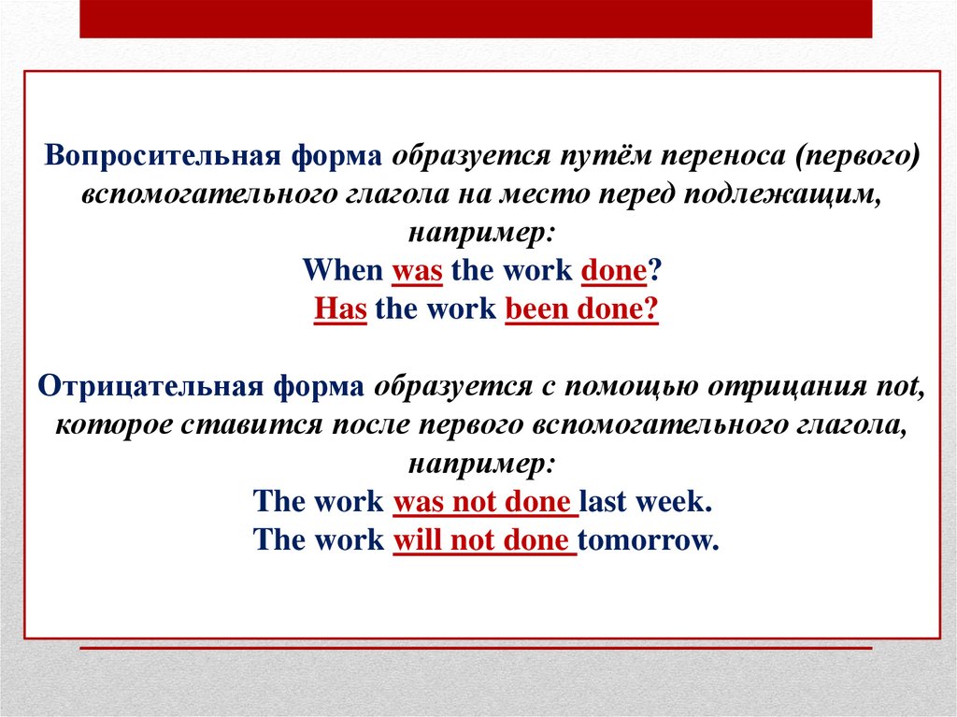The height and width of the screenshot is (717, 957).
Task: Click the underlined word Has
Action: click(339, 309)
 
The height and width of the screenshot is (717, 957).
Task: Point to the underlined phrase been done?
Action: click(581, 309)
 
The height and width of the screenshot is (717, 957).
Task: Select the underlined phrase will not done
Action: click(481, 539)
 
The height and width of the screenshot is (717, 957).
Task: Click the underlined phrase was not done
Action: click(482, 501)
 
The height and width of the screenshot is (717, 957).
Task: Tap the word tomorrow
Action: click(648, 539)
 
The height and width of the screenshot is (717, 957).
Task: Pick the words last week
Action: click(645, 501)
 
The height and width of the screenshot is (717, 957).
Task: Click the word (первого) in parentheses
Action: click(858, 156)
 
